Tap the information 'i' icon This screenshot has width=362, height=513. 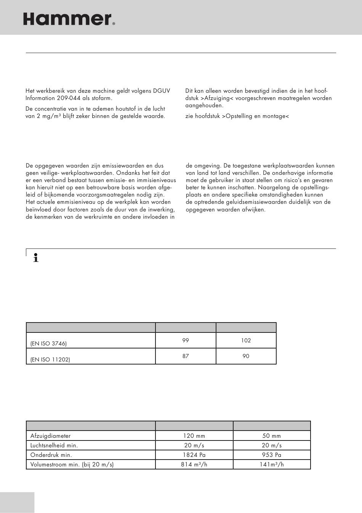coord(36,258)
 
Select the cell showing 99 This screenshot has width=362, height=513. coord(186,340)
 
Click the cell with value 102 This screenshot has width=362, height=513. coord(246,340)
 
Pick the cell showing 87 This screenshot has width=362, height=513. coord(186,356)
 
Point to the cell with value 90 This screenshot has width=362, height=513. coord(246,356)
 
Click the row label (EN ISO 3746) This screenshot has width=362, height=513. coord(48,344)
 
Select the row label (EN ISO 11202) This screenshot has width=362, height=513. coord(50,360)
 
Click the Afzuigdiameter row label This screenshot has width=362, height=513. coord(50,436)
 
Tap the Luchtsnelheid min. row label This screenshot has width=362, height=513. coord(54,445)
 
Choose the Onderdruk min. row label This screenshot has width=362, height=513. coord(51,455)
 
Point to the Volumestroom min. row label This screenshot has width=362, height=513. coord(72,465)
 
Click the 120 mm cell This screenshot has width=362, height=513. coord(194,436)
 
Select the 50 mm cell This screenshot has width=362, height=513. coord(271,436)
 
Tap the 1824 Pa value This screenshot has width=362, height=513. coord(194,455)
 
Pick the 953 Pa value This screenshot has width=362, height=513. coord(271,455)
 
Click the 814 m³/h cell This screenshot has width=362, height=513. coord(194,465)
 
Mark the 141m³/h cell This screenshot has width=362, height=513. coord(271,465)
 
